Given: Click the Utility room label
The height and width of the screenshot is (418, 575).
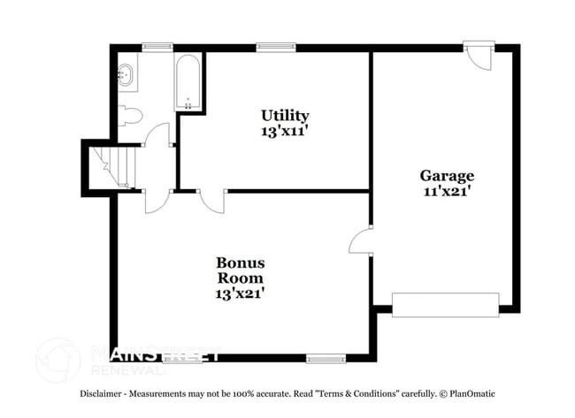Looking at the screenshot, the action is [x=285, y=116].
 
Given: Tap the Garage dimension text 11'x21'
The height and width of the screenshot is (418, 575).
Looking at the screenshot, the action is [x=447, y=191].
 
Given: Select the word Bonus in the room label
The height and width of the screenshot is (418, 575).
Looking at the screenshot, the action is [x=241, y=262].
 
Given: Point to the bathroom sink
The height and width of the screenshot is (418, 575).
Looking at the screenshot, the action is [x=125, y=75].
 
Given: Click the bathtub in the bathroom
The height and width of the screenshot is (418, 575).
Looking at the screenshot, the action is [x=188, y=82].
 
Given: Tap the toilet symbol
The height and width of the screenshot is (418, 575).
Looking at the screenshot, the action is [x=130, y=116].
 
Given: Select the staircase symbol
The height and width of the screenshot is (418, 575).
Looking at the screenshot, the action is [x=112, y=167].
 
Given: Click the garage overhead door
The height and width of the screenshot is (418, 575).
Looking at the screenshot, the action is [x=446, y=305].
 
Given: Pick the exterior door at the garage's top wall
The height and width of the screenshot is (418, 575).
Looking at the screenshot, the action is [x=479, y=55].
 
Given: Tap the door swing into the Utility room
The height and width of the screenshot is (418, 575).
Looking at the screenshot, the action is [x=212, y=201].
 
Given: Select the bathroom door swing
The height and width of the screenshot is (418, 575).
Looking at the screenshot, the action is [x=157, y=134].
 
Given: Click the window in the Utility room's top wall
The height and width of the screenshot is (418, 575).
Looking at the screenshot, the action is [x=276, y=47].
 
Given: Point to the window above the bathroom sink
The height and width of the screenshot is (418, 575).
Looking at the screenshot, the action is [x=157, y=47].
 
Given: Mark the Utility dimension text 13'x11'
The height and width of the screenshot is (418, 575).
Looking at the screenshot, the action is [x=284, y=131].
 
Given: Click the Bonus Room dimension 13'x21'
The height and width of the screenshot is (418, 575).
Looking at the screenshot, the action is [x=240, y=293].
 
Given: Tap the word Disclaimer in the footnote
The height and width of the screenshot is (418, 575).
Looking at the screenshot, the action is [x=101, y=394].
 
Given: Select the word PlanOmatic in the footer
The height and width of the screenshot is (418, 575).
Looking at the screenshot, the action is [x=472, y=394].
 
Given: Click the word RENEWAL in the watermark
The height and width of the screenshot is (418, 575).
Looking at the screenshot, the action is [x=126, y=370].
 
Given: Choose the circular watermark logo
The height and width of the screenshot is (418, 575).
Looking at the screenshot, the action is [x=57, y=361].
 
